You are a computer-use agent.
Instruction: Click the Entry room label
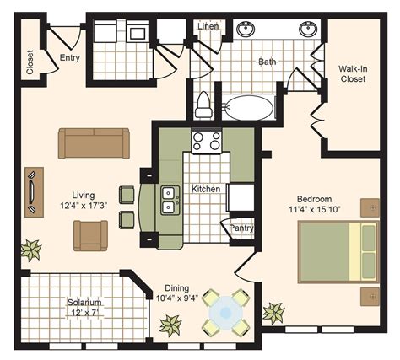[69, 57]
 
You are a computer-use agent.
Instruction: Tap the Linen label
[208, 26]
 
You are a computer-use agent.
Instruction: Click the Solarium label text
[84, 302]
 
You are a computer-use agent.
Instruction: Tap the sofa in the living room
[94, 142]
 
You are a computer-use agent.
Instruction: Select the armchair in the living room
[90, 235]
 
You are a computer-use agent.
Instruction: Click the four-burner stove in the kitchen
[206, 141]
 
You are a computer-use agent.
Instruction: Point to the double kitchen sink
[168, 199]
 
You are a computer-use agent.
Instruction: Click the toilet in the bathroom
[203, 105]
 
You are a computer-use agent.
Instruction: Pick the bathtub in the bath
[246, 108]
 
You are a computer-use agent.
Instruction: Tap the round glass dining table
[226, 313]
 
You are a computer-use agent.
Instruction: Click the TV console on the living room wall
[33, 191]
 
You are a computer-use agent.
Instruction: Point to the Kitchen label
[206, 189]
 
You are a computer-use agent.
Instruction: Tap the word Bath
[267, 62]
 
